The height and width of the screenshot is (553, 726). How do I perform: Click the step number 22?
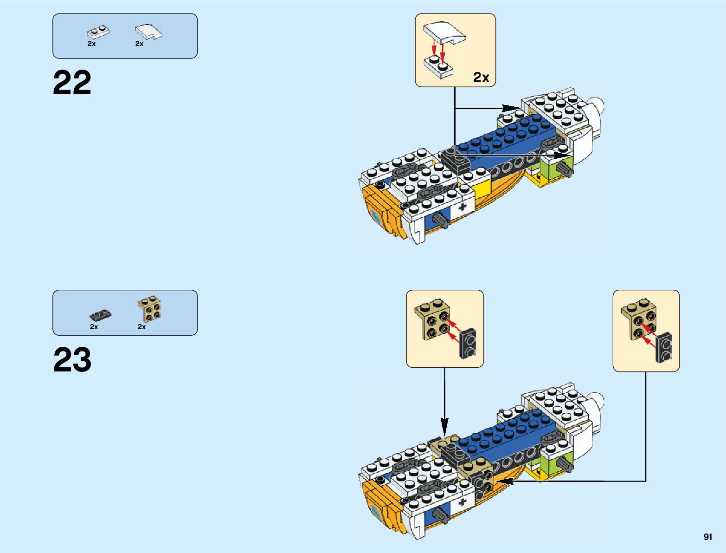tap(72, 83)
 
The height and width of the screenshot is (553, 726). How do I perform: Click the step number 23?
tap(72, 360)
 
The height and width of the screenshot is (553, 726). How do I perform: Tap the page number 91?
tap(707, 537)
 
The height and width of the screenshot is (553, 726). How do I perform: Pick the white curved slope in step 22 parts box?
tap(149, 32)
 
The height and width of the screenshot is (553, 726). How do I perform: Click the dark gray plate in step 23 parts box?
tap(100, 315)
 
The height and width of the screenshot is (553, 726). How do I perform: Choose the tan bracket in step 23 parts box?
tap(150, 308)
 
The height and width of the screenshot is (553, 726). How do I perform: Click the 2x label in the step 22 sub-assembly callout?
tap(481, 77)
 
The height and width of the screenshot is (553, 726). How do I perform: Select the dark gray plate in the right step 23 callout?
tap(664, 347)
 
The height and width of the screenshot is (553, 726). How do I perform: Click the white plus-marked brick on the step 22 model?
tap(462, 206)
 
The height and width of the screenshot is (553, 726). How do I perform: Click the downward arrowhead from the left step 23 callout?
tap(444, 424)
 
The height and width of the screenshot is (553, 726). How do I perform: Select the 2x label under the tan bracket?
tap(141, 327)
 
